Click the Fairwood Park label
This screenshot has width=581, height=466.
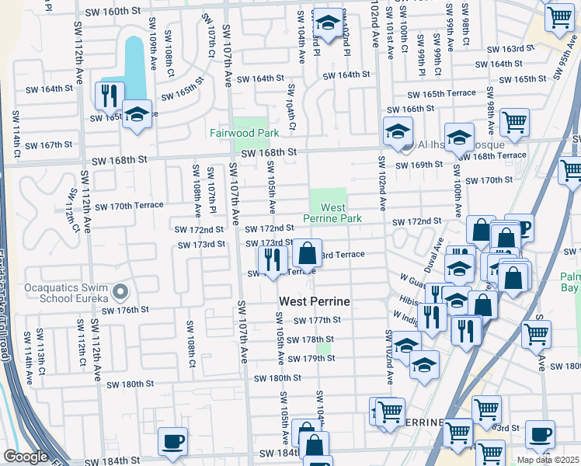(x=244, y=133)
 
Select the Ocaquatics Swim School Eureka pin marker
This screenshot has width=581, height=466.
(x=120, y=292)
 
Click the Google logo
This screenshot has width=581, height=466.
(x=26, y=457)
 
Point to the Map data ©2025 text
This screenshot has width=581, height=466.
(x=548, y=460)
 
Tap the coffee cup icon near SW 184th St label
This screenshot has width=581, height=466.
(x=172, y=441)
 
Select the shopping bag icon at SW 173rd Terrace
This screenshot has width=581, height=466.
(x=308, y=254)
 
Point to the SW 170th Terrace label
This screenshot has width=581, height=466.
(x=126, y=206)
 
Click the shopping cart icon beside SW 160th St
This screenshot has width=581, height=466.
(x=559, y=19)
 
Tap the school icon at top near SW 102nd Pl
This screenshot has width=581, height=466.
(x=328, y=23)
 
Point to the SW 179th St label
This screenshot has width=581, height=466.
(x=310, y=358)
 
